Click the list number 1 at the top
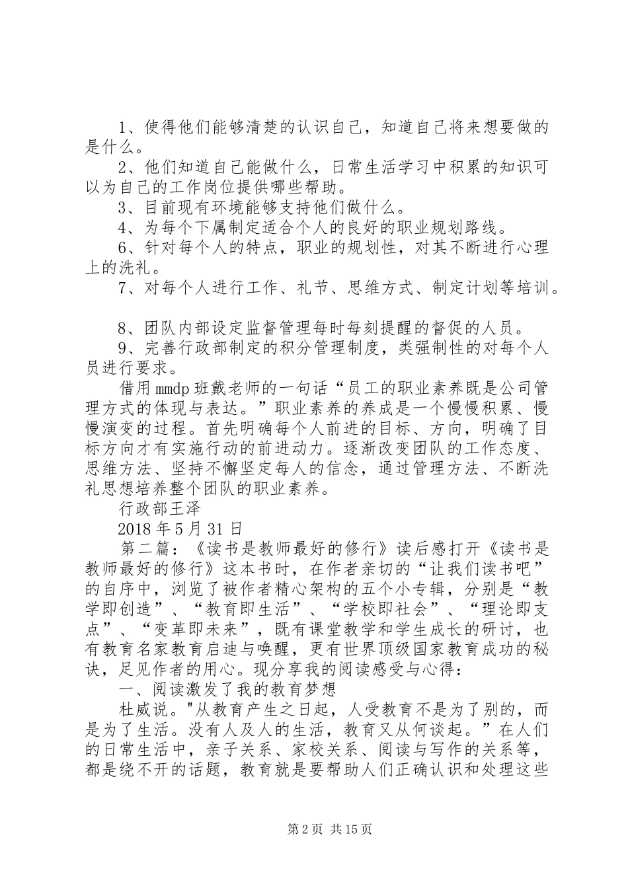[x=124, y=127]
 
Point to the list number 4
[x=124, y=229]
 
